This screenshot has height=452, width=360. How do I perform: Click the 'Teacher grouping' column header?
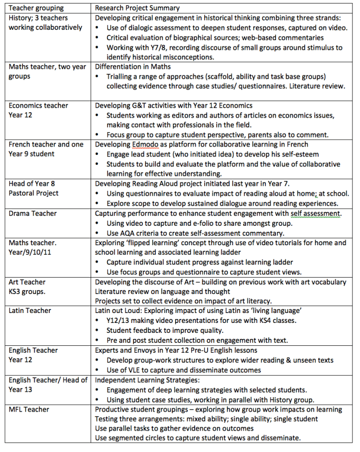(x=36, y=8)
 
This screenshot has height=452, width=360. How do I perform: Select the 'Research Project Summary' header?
(x=137, y=8)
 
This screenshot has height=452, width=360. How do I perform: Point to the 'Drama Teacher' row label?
(x=32, y=213)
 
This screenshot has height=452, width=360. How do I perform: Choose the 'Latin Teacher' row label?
(x=30, y=310)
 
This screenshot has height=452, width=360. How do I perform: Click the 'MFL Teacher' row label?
(x=29, y=409)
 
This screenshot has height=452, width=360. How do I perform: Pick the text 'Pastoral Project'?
(x=33, y=193)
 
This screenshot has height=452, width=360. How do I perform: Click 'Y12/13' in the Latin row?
(x=120, y=320)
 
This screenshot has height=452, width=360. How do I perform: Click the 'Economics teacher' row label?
(x=38, y=106)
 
